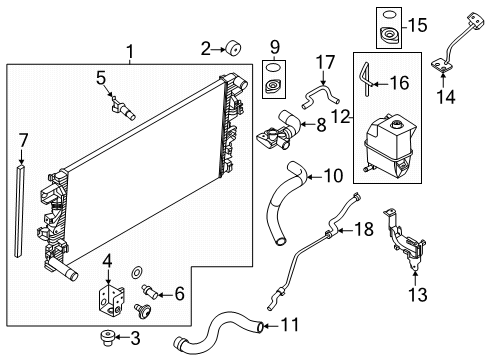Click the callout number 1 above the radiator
(x=129, y=49)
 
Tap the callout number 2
(x=206, y=47)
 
